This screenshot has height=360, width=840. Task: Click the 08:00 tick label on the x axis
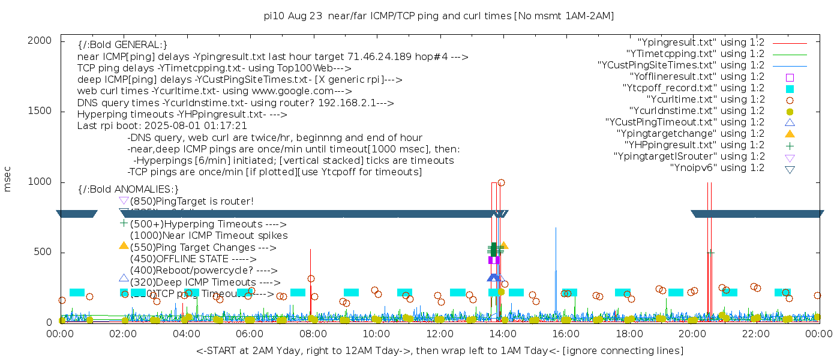click(x=313, y=334)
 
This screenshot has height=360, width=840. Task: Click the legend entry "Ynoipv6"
click(x=717, y=168)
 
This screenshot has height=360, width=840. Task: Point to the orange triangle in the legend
click(x=790, y=134)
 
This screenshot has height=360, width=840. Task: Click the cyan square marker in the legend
click(x=790, y=88)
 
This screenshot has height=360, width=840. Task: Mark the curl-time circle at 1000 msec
click(x=502, y=182)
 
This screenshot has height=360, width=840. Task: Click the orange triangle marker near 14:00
click(x=505, y=245)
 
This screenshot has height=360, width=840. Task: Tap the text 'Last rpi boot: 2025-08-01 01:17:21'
click(x=162, y=126)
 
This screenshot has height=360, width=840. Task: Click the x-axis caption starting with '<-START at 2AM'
click(x=439, y=350)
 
